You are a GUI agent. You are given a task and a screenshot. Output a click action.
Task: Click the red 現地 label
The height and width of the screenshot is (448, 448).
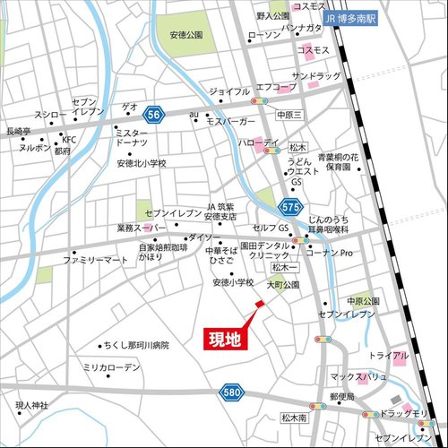coord(224,339)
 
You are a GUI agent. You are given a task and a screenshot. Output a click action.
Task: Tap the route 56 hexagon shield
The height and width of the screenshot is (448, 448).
coord(154,114)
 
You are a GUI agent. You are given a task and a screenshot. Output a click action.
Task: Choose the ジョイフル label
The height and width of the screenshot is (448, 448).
coord(229,91)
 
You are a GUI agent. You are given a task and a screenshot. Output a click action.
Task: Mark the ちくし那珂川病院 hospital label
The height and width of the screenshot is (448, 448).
coord(136,344)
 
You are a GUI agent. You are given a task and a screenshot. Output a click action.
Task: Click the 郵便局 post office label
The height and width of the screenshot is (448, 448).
coord(342,396)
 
